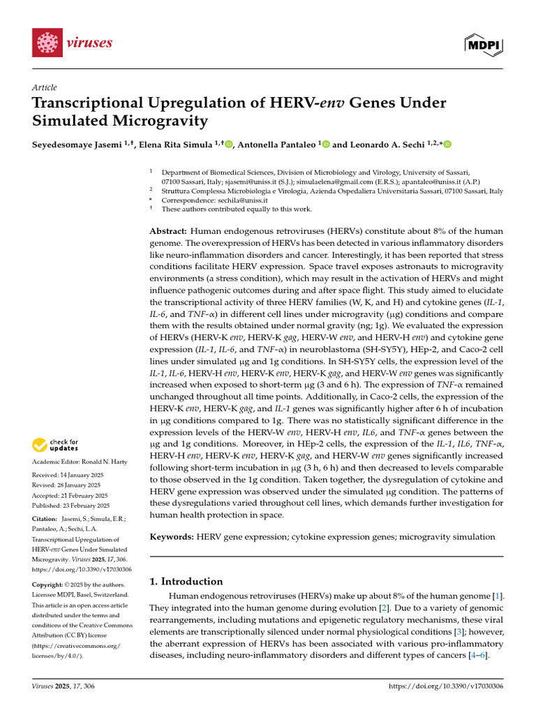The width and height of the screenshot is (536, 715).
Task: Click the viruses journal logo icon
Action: (x=47, y=43)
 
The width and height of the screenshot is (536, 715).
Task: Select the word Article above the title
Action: (x=44, y=87)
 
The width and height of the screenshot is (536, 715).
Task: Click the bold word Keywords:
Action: (x=172, y=536)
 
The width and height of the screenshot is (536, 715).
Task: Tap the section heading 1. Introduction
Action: (x=186, y=581)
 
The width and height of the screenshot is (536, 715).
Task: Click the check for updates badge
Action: (x=56, y=445)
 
